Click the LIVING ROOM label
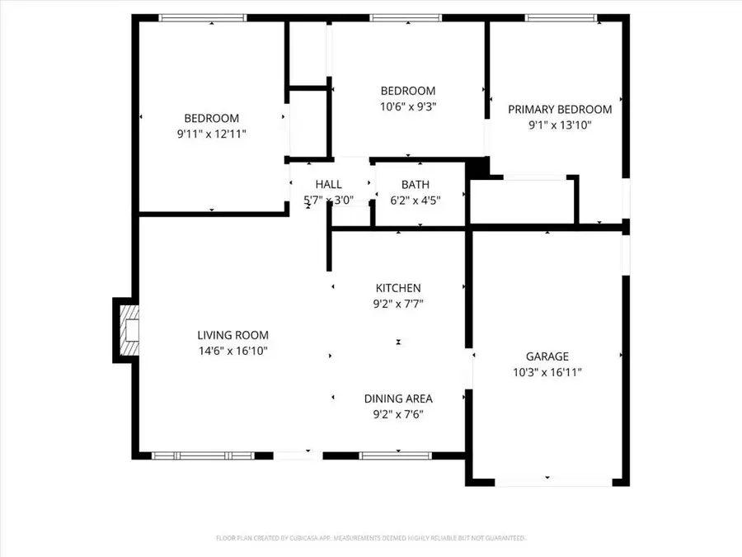pos(232,335)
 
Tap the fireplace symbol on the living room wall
pos(126,330)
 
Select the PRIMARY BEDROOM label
pos(560,110)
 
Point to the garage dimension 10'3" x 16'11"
pos(547,371)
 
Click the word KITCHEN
pos(398,288)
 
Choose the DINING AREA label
pos(398,399)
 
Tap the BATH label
pos(415,184)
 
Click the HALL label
pos(328,184)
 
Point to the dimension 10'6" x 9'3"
pos(407,106)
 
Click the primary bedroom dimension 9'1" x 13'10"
pos(560,125)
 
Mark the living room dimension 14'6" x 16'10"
pos(232,351)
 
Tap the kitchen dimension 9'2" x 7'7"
pos(398,304)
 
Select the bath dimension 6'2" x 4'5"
pos(415,199)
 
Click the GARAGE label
pos(547,356)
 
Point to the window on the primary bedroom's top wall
pos(562,17)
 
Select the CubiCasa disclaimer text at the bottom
pos(371,537)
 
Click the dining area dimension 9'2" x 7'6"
pos(398,414)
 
